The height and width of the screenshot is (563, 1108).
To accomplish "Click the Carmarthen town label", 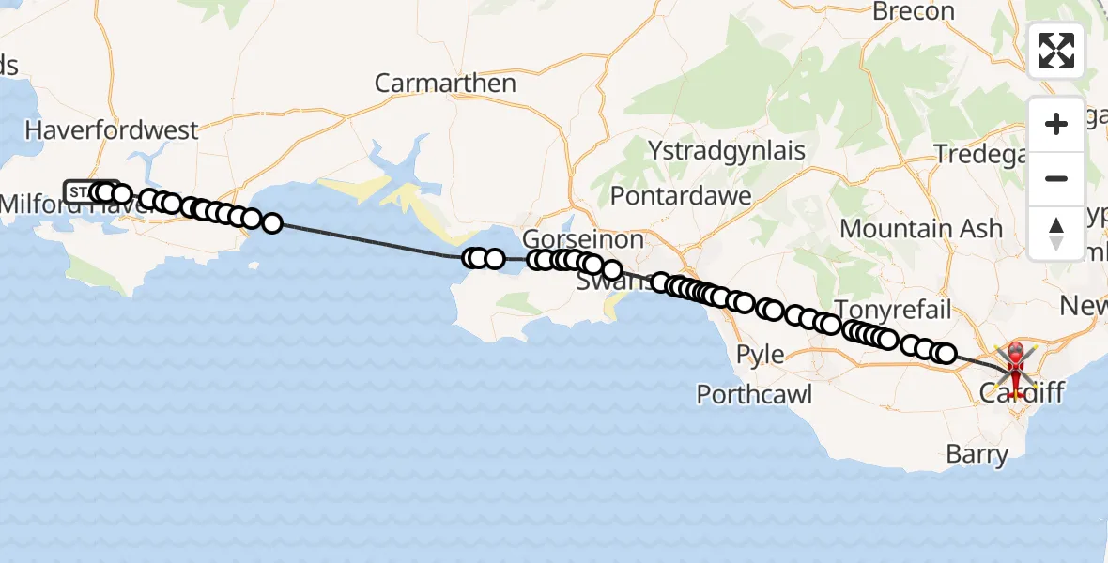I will [x=445, y=83].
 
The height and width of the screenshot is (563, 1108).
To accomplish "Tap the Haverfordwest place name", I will [x=113, y=129].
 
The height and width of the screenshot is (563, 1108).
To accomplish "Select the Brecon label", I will [x=913, y=11].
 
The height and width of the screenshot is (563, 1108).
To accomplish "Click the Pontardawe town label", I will [x=681, y=196].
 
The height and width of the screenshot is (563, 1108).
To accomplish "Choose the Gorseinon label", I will [x=582, y=238].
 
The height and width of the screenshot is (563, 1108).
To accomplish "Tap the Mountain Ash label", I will [x=921, y=228].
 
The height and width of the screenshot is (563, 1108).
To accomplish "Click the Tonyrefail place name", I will [x=893, y=310].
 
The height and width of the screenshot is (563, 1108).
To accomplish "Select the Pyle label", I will [x=760, y=355].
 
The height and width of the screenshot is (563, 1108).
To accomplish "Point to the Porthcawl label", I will [x=755, y=394].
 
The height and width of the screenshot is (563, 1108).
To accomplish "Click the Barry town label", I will [x=977, y=456].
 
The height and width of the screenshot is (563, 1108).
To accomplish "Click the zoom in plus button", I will [x=1056, y=124].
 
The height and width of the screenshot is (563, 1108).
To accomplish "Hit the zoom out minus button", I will [x=1056, y=178].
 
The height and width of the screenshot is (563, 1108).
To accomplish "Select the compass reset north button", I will [x=1056, y=233].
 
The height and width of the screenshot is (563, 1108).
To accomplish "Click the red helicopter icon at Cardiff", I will [x=1016, y=362].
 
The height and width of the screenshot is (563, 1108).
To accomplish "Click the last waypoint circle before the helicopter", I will [x=946, y=354].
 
